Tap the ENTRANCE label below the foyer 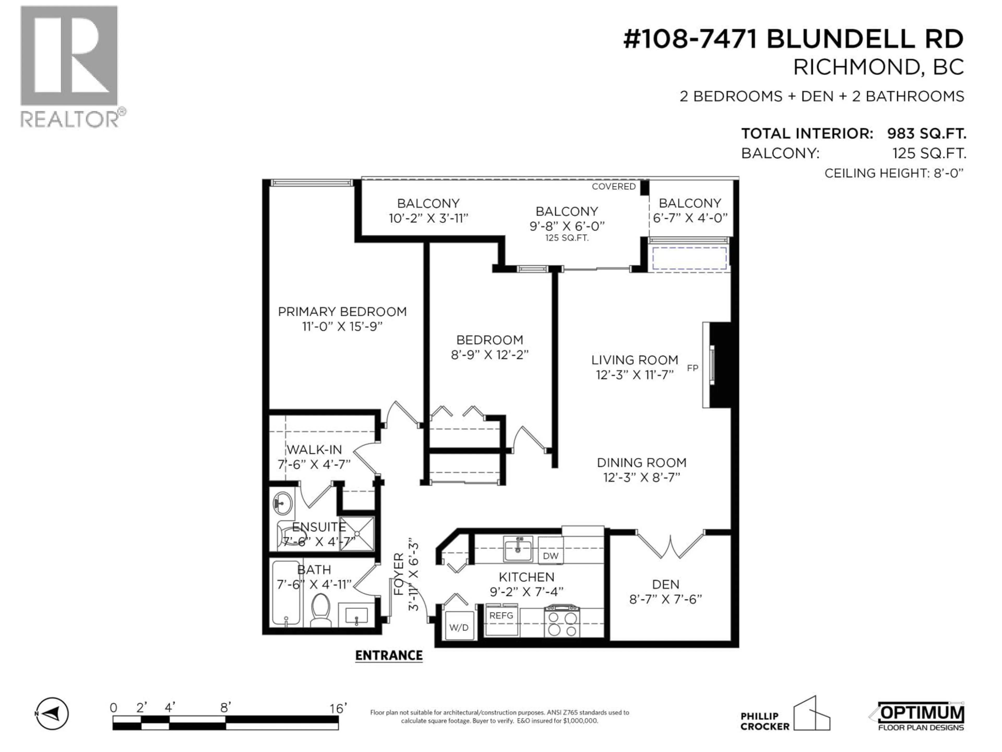pyautogui.click(x=389, y=655)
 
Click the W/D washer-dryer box pyautogui.click(x=459, y=627)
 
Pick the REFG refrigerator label pyautogui.click(x=501, y=615)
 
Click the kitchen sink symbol pyautogui.click(x=518, y=549)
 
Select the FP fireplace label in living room pyautogui.click(x=692, y=368)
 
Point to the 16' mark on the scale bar pyautogui.click(x=338, y=708)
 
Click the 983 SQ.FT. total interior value pyautogui.click(x=926, y=134)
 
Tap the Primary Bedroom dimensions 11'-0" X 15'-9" pyautogui.click(x=342, y=326)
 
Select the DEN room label pyautogui.click(x=665, y=585)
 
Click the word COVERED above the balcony pyautogui.click(x=613, y=186)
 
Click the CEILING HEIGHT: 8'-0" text pyautogui.click(x=893, y=173)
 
